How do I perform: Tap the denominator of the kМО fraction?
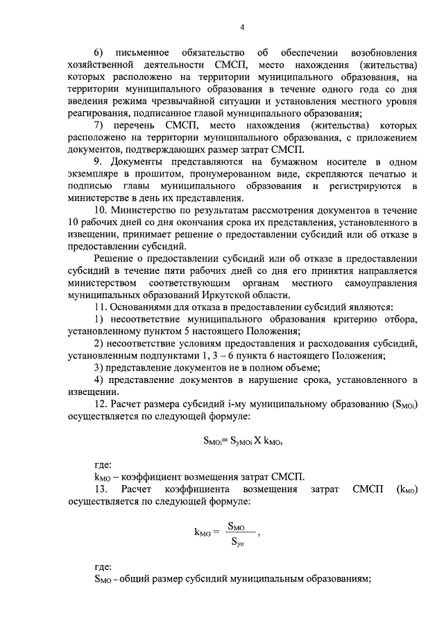point(237,545)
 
